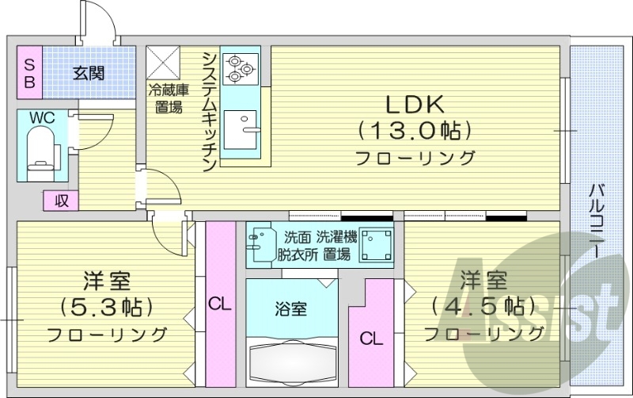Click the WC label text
click(42, 117)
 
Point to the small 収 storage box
click(61, 201)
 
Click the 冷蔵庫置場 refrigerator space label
click(165, 98)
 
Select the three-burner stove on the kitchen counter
click(239, 69)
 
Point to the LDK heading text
click(415, 103)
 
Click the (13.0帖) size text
click(415, 129)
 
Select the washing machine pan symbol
click(376, 245)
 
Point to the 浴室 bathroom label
click(291, 309)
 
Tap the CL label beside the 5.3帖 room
click(220, 303)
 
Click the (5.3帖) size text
click(106, 306)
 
